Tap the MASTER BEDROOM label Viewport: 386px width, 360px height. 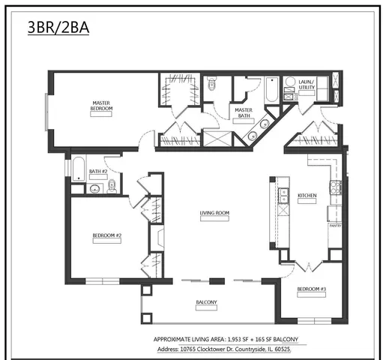click(102, 106)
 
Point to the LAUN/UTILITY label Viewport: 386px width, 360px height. click(307, 85)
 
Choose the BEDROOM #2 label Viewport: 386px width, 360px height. click(107, 235)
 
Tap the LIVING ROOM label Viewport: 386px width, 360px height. click(214, 213)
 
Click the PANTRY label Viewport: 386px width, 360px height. click(334, 224)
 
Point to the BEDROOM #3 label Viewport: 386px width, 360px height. click(311, 289)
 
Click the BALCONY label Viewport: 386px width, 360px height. click(207, 302)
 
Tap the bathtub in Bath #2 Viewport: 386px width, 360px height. click(78, 168)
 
